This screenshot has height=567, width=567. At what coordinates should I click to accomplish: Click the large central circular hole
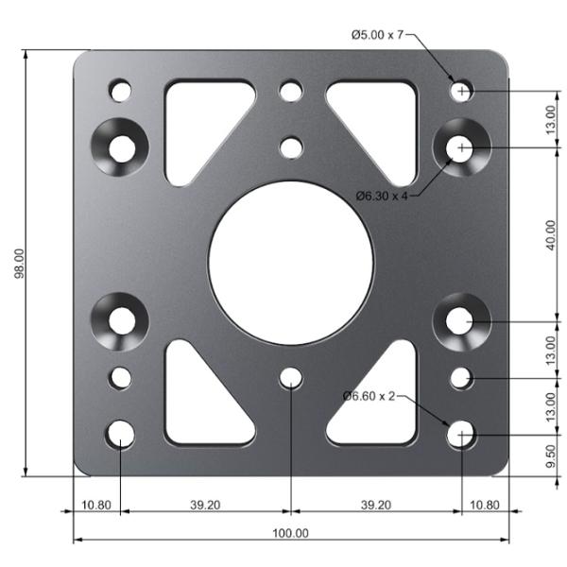coord(291,263)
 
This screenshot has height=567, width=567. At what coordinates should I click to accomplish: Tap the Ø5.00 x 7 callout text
coord(377,35)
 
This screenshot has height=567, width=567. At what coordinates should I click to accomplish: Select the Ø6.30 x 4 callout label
coord(382,196)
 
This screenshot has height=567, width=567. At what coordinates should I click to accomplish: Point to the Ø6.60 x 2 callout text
coord(369,396)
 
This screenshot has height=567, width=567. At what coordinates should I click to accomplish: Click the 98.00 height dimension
coord(19,264)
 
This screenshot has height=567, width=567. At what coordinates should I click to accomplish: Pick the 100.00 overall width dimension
coord(290,533)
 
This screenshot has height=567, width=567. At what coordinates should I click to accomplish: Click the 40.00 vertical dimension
coord(550,235)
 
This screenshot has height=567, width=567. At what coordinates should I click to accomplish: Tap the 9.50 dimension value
coord(550,456)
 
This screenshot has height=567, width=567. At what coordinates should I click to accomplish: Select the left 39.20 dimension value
coord(205,505)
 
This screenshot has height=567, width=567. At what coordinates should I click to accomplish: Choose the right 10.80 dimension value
coord(484,505)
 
